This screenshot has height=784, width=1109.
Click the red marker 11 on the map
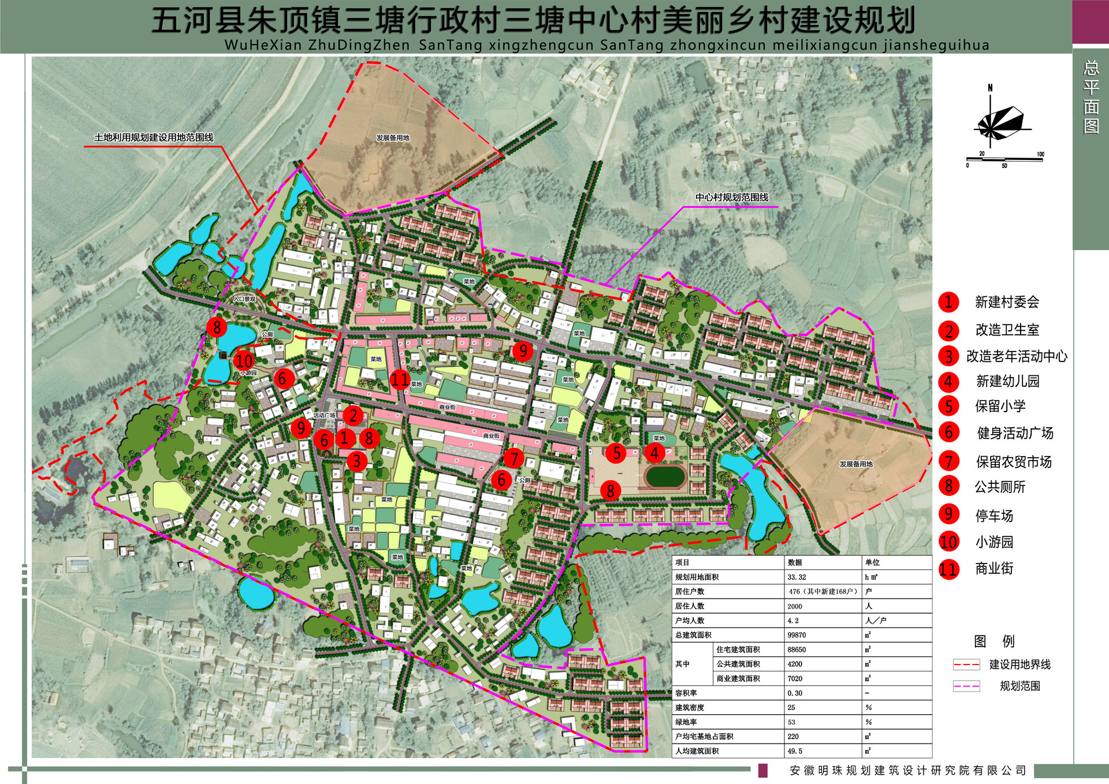coord(400,379)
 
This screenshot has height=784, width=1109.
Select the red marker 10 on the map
coord(243,361)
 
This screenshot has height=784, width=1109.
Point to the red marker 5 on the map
coord(617,453)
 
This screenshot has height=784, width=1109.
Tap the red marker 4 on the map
coord(654,453)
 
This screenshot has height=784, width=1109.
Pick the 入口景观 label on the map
coord(244,299)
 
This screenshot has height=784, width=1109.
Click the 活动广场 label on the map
coord(324,415)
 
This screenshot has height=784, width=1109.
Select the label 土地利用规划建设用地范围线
coord(154,137)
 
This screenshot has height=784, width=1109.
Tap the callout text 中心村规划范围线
coord(731,197)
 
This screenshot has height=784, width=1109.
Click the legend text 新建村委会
coord(1007,302)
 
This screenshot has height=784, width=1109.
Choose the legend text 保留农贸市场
coord(1013,462)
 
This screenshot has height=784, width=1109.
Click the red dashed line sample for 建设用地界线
coord(966,664)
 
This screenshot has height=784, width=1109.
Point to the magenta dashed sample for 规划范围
coord(966,686)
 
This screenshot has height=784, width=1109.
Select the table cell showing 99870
coord(797,635)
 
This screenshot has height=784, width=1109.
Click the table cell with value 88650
coord(797,649)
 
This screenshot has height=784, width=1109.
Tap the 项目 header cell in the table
coord(683,562)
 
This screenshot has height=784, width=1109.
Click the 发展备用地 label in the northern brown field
coord(393,138)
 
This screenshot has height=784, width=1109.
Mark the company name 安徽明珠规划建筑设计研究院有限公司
coord(907,771)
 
